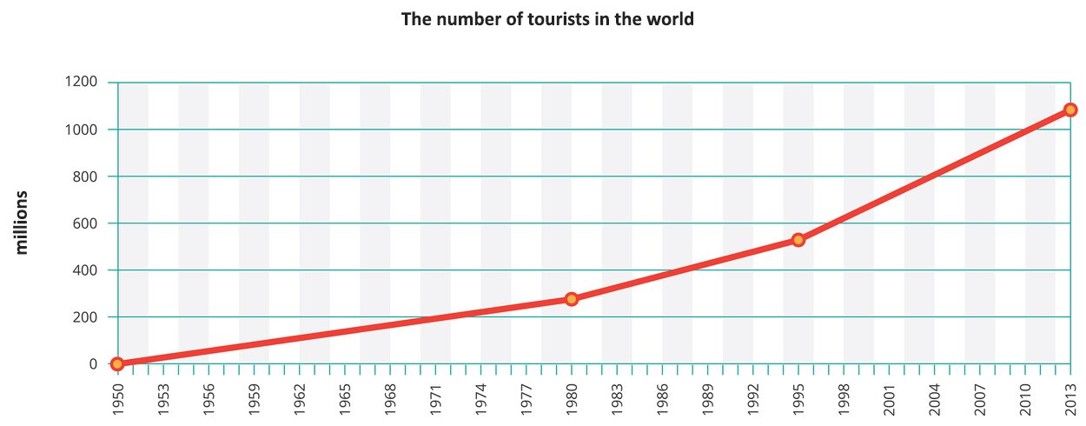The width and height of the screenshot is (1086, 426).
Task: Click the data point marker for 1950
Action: pyautogui.click(x=117, y=363)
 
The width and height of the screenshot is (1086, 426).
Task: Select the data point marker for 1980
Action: pyautogui.click(x=571, y=299)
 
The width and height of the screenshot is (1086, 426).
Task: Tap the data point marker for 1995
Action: pyautogui.click(x=798, y=239)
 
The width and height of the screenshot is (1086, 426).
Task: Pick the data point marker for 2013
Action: pyautogui.click(x=1070, y=110)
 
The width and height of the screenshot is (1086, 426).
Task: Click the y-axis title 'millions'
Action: pyautogui.click(x=23, y=222)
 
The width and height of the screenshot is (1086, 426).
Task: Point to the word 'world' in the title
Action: pyautogui.click(x=672, y=18)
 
